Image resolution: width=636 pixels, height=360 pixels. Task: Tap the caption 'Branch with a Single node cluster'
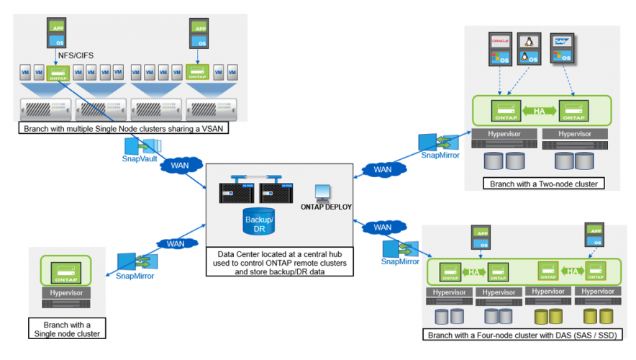(68, 328)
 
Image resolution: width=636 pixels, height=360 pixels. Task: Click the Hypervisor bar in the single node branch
(68, 293)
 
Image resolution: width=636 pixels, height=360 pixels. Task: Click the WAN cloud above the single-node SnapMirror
(176, 243)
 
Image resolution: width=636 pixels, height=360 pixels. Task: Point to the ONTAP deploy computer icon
(323, 192)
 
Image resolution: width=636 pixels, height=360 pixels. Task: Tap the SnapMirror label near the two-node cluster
(440, 154)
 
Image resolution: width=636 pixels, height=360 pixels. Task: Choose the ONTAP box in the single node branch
(68, 272)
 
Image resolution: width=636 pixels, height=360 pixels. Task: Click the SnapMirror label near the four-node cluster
(401, 261)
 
